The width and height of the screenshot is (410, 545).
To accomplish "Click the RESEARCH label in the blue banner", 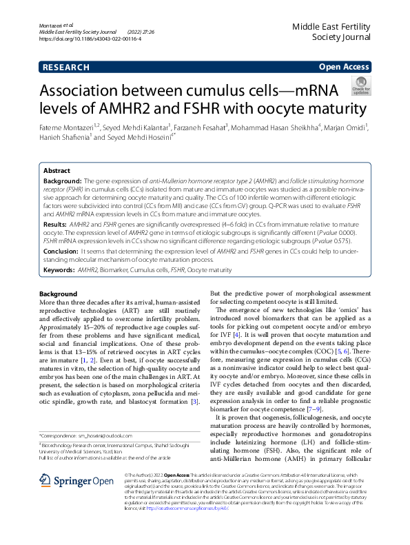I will click(65, 67).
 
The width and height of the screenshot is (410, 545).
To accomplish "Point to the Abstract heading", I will click(57, 170).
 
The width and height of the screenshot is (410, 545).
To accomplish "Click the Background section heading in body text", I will click(58, 294).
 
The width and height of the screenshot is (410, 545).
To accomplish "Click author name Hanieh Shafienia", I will click(62, 138).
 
